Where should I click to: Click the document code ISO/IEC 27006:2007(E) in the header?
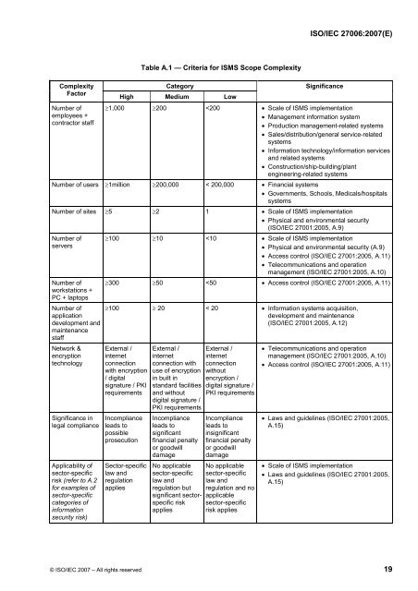(x=356, y=31)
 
